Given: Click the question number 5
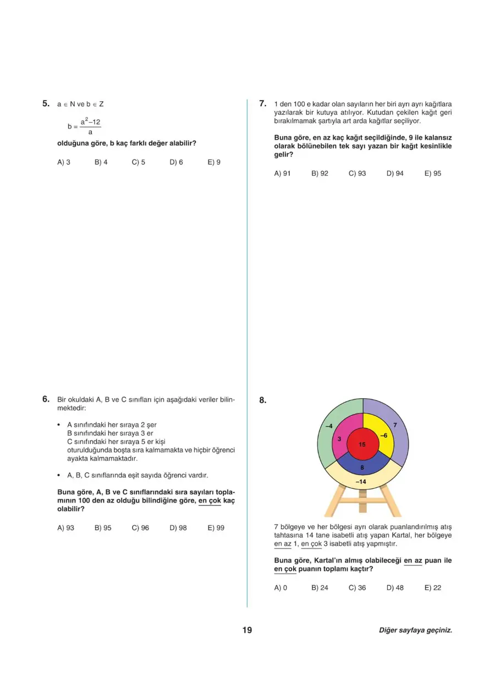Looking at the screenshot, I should click(x=46, y=103).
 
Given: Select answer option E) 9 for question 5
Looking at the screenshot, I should click(x=214, y=162).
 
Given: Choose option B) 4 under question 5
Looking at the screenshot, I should click(x=101, y=162).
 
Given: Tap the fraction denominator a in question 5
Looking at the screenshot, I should click(x=90, y=133).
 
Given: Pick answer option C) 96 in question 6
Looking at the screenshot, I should click(x=140, y=528).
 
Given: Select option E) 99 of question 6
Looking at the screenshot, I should click(x=216, y=528).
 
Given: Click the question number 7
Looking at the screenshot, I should click(x=263, y=103).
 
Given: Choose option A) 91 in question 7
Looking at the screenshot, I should click(x=282, y=173).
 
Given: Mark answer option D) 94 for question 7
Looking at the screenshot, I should click(x=395, y=173).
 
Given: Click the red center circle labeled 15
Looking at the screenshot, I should click(x=362, y=444).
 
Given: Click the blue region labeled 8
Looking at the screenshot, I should click(x=362, y=467).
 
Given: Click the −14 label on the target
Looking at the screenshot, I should click(x=361, y=482).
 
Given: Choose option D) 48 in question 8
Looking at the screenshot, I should click(x=395, y=587).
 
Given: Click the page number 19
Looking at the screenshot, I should click(x=246, y=630).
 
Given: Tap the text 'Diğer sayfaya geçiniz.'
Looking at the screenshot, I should click(x=415, y=631).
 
